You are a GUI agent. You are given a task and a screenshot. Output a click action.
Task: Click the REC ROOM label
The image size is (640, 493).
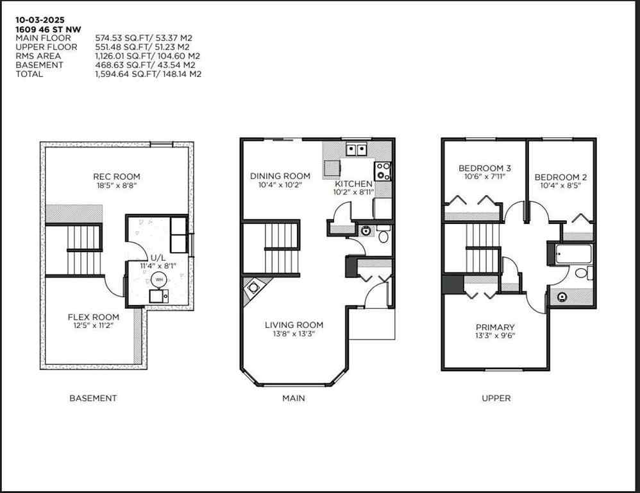tap(116, 177)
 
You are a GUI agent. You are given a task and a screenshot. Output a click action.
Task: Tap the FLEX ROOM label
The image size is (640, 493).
tap(93, 317)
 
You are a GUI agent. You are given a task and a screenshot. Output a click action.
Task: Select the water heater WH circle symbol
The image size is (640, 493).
tap(158, 280)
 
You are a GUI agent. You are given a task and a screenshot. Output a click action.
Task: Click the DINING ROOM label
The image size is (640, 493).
tap(280, 176)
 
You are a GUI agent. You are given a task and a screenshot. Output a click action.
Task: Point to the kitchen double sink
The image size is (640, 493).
tap(356, 150)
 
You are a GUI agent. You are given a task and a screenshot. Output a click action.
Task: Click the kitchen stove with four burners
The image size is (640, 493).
tap(383, 171)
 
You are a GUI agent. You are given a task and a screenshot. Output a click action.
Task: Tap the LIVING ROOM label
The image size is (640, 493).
tap(294, 325)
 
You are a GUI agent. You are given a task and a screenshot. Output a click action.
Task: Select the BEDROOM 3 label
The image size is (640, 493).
tap(483, 168)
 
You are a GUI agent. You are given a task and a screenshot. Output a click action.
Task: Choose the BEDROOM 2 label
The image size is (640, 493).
tap(560, 177)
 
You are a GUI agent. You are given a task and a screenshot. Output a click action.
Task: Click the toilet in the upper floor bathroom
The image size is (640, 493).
tap(582, 273)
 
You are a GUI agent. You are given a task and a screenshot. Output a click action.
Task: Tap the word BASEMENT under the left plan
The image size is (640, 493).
tap(93, 398)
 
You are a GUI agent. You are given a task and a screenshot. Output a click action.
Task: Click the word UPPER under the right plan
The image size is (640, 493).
tap(496, 398)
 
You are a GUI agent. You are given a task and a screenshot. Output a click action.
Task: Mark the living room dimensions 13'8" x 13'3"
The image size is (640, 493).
tap(294, 334)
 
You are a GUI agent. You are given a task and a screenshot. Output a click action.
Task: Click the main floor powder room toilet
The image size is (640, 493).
tap(383, 236)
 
